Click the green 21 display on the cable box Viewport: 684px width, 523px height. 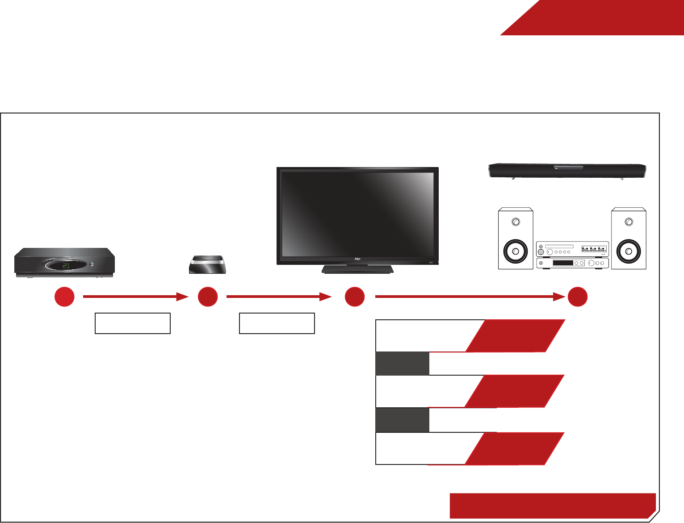click(66, 265)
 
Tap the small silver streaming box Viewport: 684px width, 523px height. click(207, 265)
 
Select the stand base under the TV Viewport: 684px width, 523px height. click(357, 269)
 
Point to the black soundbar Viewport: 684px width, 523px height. click(567, 171)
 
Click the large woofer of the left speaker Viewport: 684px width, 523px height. click(516, 251)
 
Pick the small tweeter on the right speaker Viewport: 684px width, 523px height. click(629, 222)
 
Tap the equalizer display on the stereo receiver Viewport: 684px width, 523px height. click(594, 248)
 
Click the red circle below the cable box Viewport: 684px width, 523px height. click(64, 297)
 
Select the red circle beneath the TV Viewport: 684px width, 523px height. click(355, 297)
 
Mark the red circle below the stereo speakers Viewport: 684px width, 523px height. click(577, 297)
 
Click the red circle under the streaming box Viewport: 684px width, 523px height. click(208, 297)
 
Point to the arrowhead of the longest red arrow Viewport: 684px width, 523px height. click(560, 297)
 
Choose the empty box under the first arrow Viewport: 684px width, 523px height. click(133, 323)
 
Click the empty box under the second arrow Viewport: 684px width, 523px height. click(277, 323)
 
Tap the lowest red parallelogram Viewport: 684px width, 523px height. click(514, 448)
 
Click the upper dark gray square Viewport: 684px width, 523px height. click(402, 364)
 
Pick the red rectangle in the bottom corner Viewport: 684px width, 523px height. click(552, 506)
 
